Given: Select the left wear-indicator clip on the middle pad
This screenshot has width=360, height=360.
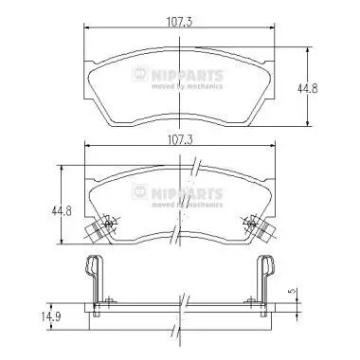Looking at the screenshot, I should coord(98,226).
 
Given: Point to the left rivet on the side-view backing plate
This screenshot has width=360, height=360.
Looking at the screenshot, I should coord(110,303).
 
